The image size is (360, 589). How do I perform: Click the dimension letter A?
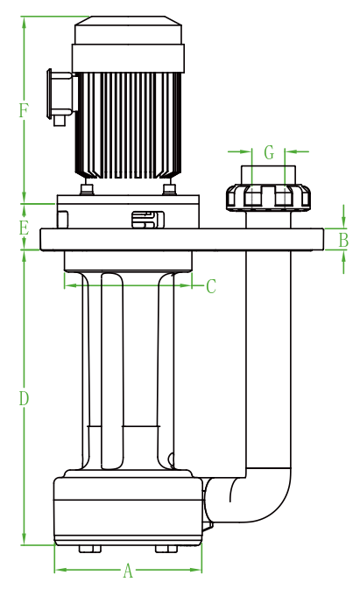[128, 571]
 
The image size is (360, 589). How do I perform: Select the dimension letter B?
[343, 240]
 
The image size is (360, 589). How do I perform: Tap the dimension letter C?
[211, 286]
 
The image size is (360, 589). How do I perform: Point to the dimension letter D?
[24, 398]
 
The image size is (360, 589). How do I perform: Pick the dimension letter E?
[24, 228]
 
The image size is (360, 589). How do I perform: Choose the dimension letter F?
[24, 110]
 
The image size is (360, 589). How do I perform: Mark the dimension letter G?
[269, 153]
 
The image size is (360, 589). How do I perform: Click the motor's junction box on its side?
[61, 94]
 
